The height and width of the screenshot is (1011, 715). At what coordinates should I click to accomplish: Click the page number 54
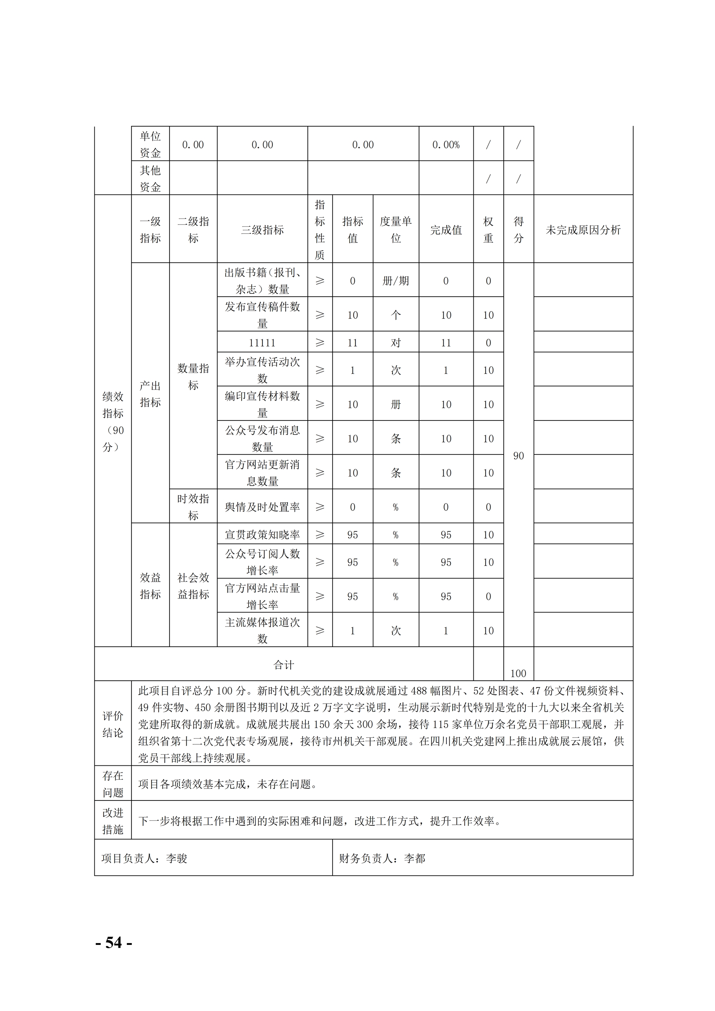pos(114,942)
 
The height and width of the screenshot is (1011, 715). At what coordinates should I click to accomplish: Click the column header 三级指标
pos(262,230)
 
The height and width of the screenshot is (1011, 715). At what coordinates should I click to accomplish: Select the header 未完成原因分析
pos(583,230)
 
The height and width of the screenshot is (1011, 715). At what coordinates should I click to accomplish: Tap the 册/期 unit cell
pos(395,281)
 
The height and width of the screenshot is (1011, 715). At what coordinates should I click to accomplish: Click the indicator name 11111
pos(262,342)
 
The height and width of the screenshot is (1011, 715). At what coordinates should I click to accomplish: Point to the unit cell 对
pos(395,342)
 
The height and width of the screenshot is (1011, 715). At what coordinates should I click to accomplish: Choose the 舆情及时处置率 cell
pos(262,507)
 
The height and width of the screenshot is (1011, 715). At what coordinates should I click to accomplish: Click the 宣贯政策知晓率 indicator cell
pos(262,534)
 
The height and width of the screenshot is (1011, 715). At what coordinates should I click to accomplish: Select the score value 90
pos(518,456)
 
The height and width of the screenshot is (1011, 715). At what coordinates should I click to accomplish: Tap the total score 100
pos(518,673)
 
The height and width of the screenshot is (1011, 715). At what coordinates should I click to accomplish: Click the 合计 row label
pos(283,665)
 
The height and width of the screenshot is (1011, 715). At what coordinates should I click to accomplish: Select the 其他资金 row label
pos(150,178)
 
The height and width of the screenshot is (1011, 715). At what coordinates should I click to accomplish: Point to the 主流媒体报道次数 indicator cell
pos(262,630)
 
